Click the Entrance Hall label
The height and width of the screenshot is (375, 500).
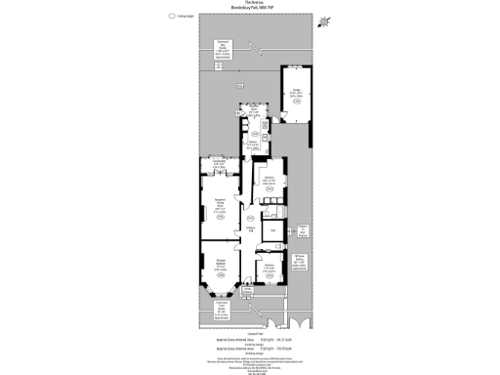(251, 229)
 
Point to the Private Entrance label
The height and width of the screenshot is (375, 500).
(248, 290)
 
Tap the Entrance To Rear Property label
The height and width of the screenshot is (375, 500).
(303, 230)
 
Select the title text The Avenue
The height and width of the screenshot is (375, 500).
(250, 5)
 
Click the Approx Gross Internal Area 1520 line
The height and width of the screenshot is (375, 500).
(250, 347)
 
